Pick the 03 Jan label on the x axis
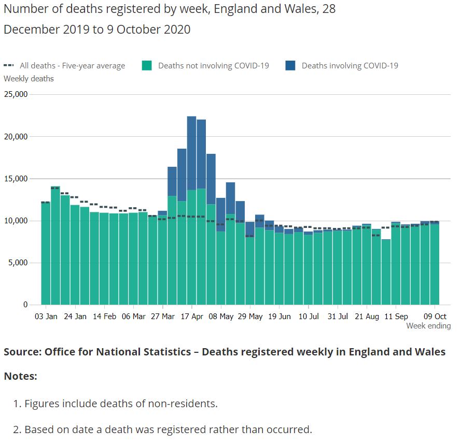click(x=46, y=316)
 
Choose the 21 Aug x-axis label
click(x=366, y=316)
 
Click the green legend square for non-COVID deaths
click(x=147, y=66)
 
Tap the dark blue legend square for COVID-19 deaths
click(x=290, y=66)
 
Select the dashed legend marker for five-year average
click(x=8, y=66)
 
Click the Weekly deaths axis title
click(x=29, y=79)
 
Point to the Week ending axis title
click(x=428, y=326)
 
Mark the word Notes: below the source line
click(x=20, y=376)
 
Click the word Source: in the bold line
click(x=22, y=352)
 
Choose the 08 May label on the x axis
click(x=220, y=316)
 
